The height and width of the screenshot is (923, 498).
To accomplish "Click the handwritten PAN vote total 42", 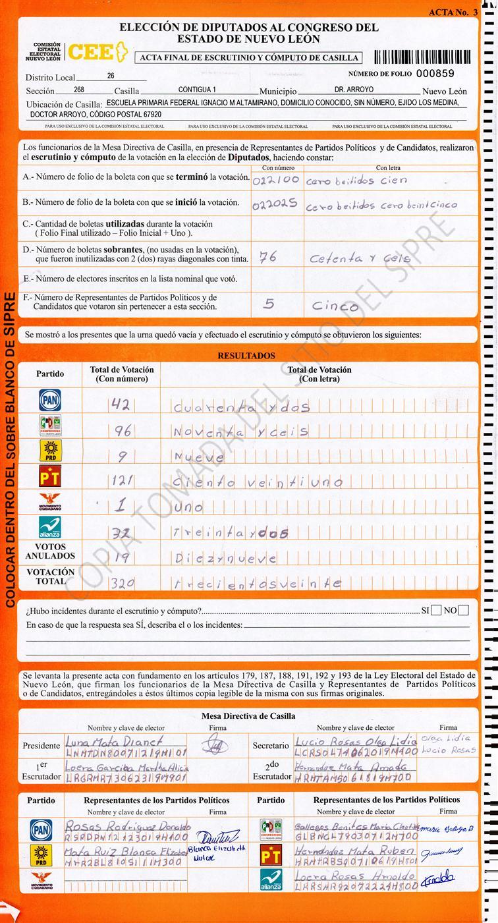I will tap(121, 406).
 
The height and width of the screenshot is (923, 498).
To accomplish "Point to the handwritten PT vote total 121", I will tap(123, 482).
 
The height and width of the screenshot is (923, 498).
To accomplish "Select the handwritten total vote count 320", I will tap(123, 582).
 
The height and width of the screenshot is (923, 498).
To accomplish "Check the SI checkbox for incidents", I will tap(436, 610).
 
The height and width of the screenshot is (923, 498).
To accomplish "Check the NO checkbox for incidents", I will tap(464, 610).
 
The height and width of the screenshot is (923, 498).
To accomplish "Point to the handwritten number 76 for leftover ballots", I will tap(267, 257).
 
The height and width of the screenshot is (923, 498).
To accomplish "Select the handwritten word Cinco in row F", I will tap(335, 306).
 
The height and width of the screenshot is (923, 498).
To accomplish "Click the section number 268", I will tap(79, 90).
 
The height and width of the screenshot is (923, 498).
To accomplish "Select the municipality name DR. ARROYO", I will tap(354, 90).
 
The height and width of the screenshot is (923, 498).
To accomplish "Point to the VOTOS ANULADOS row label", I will tap(51, 551).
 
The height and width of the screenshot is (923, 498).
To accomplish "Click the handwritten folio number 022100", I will tap(276, 179).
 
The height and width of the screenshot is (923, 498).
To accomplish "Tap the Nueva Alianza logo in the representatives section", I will tap(271, 880).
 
